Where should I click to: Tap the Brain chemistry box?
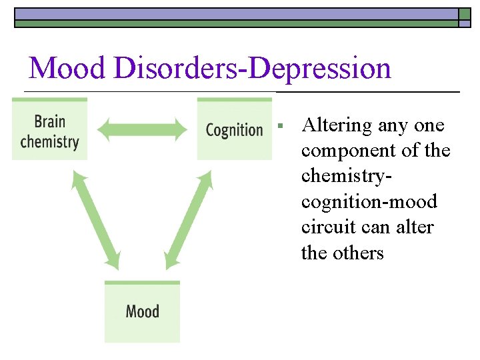(x=49, y=130)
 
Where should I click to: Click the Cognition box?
(x=234, y=129)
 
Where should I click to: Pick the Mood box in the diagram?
(x=142, y=311)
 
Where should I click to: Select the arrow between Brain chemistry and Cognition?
(x=142, y=129)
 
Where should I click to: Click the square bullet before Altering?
(x=282, y=125)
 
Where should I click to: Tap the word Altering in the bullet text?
(x=336, y=125)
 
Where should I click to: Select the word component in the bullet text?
(x=351, y=151)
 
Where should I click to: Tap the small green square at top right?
(x=465, y=15)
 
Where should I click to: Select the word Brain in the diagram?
(x=50, y=121)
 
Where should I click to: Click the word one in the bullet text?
(x=429, y=125)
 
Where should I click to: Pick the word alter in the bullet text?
(x=415, y=227)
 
